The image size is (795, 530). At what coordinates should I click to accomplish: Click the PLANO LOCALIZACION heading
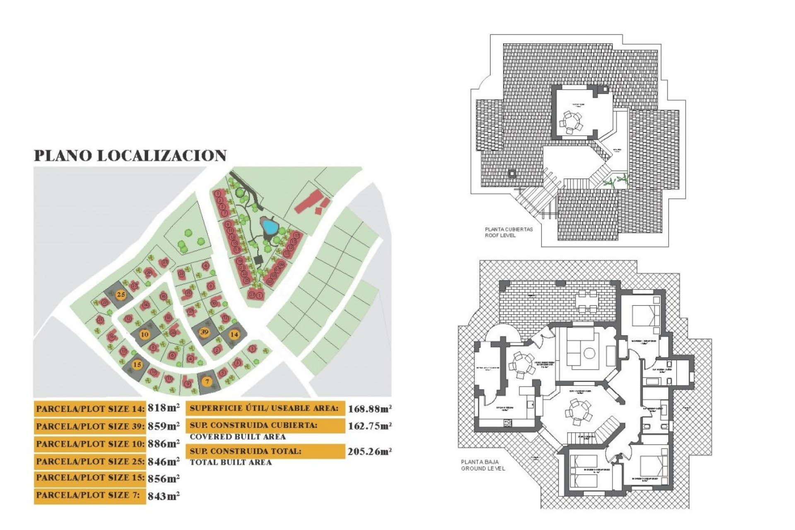click(x=130, y=156)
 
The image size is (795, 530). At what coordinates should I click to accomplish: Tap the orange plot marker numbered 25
click(x=121, y=295)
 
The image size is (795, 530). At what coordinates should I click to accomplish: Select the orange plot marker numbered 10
click(x=145, y=334)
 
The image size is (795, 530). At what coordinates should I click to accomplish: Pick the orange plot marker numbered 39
click(x=204, y=332)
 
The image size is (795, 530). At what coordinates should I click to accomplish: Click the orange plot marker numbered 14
click(x=234, y=334)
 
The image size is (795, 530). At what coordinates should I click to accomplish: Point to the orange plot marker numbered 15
click(x=137, y=364)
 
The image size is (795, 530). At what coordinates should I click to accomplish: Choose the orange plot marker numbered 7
click(x=207, y=381)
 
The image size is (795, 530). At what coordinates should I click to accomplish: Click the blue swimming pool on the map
click(x=270, y=226)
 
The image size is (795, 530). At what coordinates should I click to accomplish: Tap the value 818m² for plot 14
click(x=164, y=408)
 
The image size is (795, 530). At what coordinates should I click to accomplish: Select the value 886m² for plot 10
click(x=164, y=443)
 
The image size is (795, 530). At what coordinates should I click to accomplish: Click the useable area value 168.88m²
click(x=370, y=409)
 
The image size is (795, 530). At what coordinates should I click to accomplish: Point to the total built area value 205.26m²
click(x=370, y=452)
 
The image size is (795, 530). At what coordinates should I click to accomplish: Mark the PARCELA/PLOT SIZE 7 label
click(x=88, y=495)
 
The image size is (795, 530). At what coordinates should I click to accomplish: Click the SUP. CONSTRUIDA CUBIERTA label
click(x=253, y=425)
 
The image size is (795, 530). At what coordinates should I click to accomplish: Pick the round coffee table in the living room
click(x=589, y=353)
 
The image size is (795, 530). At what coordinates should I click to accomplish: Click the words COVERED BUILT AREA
click(x=238, y=437)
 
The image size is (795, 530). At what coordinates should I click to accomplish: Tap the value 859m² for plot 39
click(x=164, y=426)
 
